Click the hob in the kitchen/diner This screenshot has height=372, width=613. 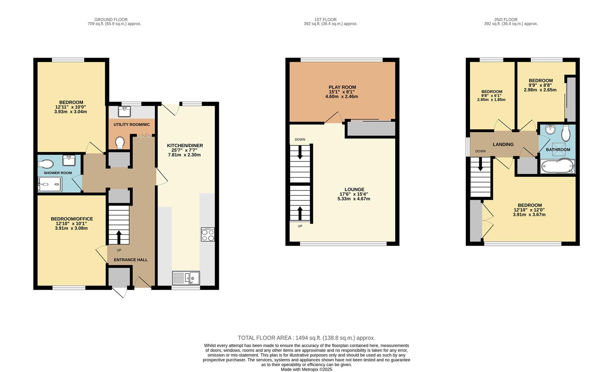(x=208, y=235)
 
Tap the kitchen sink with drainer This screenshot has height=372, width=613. (x=186, y=278)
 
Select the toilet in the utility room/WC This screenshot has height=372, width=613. (x=120, y=143)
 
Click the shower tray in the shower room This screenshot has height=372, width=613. (x=50, y=184)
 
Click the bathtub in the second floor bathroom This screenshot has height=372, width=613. (x=557, y=166)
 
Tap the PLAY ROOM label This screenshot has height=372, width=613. (x=342, y=87)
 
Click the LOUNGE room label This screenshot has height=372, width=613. (x=354, y=189)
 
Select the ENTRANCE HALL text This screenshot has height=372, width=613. (x=131, y=260)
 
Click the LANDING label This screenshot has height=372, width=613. (x=503, y=144)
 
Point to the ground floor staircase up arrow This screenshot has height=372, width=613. (x=119, y=237)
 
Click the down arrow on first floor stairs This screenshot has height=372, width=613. (x=300, y=152)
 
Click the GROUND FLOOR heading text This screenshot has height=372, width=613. (x=111, y=20)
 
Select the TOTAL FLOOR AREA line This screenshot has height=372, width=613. (x=306, y=338)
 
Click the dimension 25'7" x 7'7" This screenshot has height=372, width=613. (x=185, y=150)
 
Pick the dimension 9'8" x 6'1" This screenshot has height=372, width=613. (x=491, y=96)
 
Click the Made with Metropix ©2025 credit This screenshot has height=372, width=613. (x=306, y=369)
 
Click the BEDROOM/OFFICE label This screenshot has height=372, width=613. (x=72, y=219)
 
